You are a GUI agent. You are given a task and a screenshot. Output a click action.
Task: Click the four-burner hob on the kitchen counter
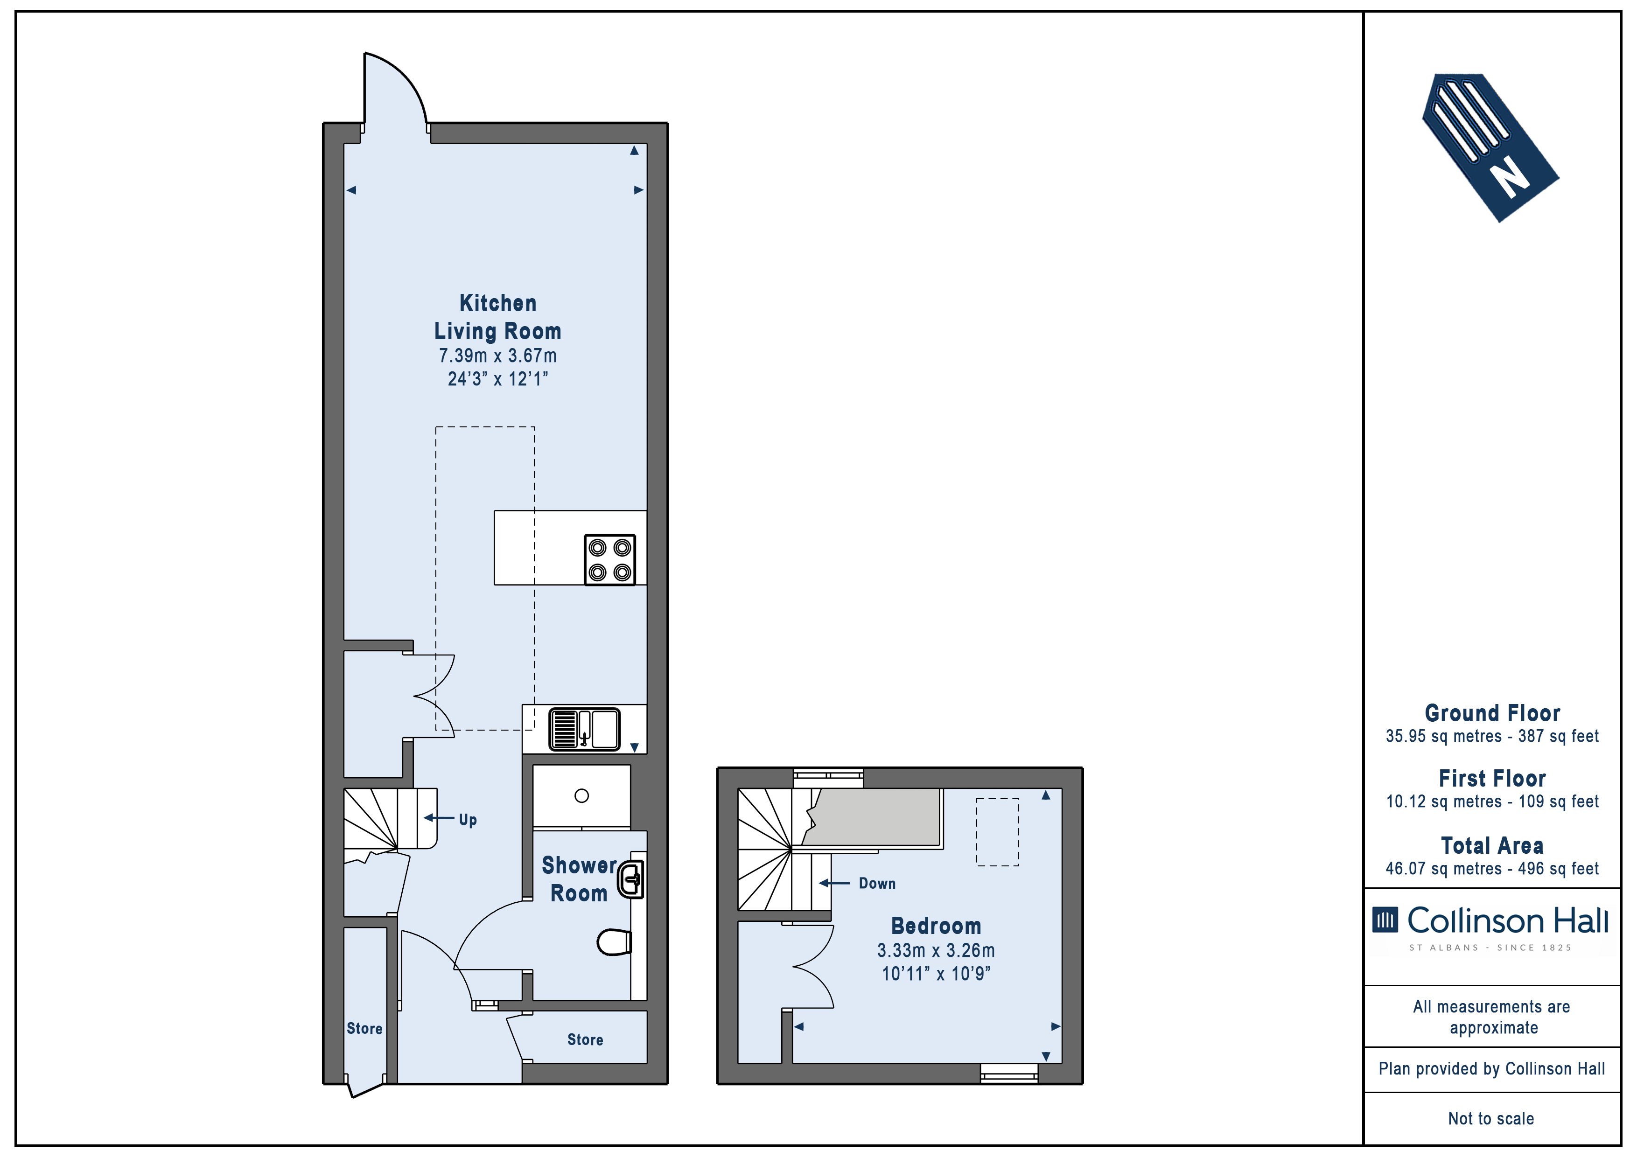coord(609,560)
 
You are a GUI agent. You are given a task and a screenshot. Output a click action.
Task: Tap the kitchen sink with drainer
coord(584,729)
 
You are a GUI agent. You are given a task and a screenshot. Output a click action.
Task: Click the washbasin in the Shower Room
coord(630,879)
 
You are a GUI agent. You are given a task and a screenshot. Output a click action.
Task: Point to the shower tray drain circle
coord(582,795)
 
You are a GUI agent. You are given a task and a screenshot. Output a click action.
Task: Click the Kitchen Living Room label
coord(497,317)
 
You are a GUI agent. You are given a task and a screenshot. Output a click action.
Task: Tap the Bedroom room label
coord(936,926)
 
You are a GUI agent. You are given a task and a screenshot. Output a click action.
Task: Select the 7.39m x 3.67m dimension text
coord(497,355)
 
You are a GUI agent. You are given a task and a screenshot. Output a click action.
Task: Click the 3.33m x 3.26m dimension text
coord(936,950)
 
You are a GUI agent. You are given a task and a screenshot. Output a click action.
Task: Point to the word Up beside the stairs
coord(468,819)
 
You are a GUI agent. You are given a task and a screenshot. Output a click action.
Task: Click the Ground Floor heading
coord(1492,713)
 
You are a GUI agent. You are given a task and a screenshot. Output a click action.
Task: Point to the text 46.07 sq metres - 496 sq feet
coord(1492,868)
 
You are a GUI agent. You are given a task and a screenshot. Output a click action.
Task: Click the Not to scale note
coord(1491,1118)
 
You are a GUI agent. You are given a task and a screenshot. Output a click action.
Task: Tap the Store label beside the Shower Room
coord(585,1039)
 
